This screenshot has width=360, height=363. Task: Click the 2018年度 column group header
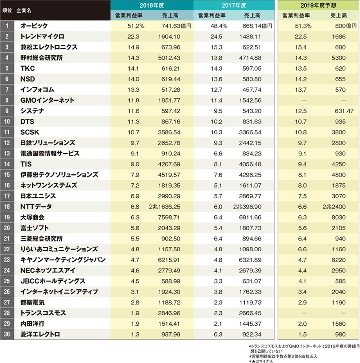pyautogui.click(x=152, y=5)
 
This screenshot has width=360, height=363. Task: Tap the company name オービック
pyautogui.click(x=34, y=26)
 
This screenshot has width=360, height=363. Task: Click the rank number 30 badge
pyautogui.click(x=7, y=334)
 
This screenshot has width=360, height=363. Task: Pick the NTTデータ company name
pyautogui.click(x=36, y=206)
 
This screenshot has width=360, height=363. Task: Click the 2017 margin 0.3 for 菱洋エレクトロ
pyautogui.click(x=214, y=334)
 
